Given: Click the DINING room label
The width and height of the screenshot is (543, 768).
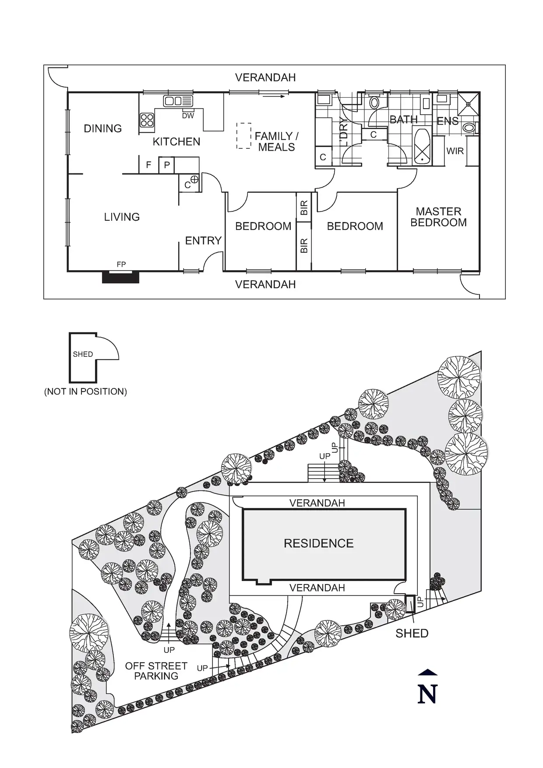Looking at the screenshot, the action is click(x=102, y=128).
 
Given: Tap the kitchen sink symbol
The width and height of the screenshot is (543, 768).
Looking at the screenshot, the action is click(x=178, y=101).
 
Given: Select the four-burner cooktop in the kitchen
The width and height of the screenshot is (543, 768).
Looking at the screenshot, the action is click(x=147, y=120).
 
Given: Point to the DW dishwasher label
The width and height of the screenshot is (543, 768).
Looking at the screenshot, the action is click(x=188, y=116).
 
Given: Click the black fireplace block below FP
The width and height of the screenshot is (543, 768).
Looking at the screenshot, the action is click(x=120, y=277).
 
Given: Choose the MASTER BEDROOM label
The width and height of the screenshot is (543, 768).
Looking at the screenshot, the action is click(x=438, y=217).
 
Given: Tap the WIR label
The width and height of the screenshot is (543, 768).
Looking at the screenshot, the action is click(x=455, y=151).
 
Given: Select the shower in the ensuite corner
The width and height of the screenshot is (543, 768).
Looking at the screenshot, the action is click(x=469, y=104).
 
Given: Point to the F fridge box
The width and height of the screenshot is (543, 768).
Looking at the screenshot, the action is click(x=149, y=165).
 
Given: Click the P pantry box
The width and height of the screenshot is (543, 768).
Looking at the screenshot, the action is click(x=167, y=165).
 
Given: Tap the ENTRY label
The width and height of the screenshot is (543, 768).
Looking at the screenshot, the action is click(x=203, y=240).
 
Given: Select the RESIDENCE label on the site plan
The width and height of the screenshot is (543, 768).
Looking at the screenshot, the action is click(x=319, y=543).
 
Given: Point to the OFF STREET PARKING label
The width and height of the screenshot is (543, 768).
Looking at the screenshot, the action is click(x=156, y=671).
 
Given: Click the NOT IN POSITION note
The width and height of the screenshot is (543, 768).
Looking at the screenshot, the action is click(x=86, y=391).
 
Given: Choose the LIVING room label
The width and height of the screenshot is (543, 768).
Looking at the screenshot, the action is click(x=122, y=217).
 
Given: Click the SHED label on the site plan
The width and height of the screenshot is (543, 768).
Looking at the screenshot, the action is click(x=412, y=633).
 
